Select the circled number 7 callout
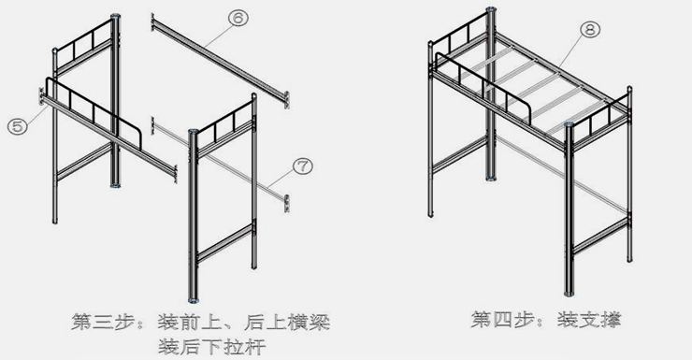(x=301, y=166)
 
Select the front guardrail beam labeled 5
(x=103, y=131)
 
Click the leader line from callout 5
(x=36, y=115)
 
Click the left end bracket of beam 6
(x=152, y=21)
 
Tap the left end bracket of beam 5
(x=41, y=94)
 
